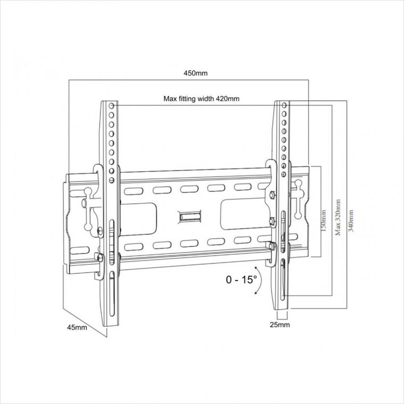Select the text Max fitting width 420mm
tap(201, 99)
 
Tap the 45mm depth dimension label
tap(78, 327)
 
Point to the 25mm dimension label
tap(281, 324)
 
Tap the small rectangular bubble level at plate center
tap(191, 216)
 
